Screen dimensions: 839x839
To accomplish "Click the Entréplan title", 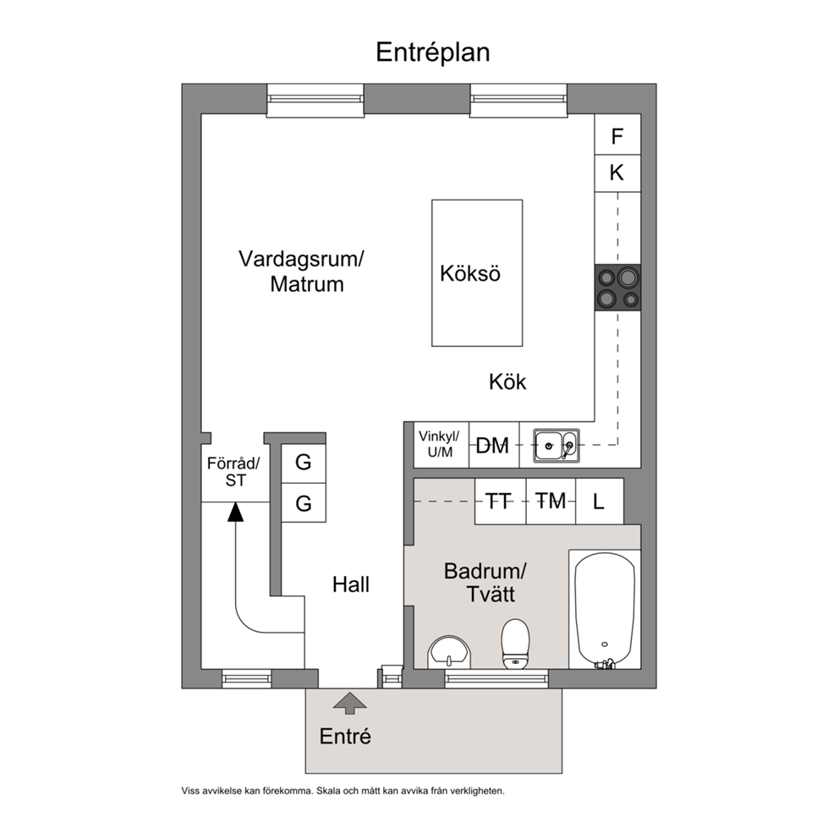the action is [x=432, y=52].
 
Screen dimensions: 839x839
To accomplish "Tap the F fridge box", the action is [x=617, y=134].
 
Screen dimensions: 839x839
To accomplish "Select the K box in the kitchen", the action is [x=617, y=173].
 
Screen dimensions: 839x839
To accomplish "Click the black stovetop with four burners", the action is [x=617, y=288].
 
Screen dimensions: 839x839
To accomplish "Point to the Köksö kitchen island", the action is [x=477, y=273].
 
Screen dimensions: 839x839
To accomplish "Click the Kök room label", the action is [x=507, y=382].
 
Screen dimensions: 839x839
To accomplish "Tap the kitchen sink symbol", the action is [x=556, y=445].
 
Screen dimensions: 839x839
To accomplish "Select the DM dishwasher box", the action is [x=494, y=445].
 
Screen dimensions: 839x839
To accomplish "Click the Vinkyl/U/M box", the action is [x=441, y=445].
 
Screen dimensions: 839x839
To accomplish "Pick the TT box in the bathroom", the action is [x=501, y=502].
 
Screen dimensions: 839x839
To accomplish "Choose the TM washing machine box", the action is [x=551, y=502].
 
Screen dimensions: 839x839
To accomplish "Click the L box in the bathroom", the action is [x=600, y=502].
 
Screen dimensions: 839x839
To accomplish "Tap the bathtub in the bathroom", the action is [x=605, y=610].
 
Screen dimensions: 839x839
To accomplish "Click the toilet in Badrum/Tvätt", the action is [x=515, y=644].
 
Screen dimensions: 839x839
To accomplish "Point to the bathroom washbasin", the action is [x=449, y=652].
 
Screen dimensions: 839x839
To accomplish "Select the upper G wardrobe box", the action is [x=304, y=463].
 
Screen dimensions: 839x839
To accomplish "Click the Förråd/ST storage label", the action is [x=233, y=471].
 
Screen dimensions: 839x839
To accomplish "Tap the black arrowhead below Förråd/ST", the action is [x=235, y=512].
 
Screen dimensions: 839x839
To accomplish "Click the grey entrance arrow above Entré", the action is [x=350, y=703].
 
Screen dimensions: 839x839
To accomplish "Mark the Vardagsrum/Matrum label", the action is [x=301, y=271].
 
